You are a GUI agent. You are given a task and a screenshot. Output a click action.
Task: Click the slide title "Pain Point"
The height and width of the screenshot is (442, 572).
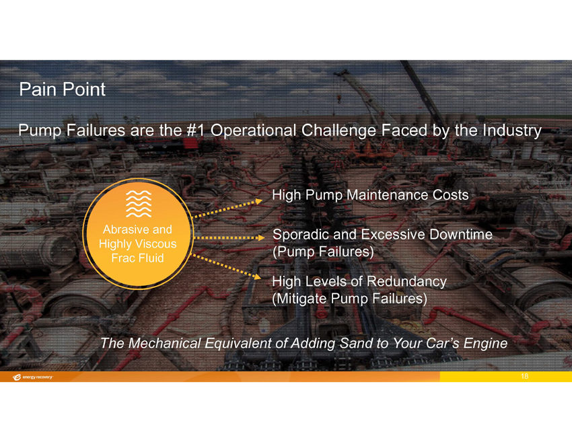point(62,89)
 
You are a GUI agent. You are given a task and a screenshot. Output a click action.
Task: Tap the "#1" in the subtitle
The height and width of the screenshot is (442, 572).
point(195,131)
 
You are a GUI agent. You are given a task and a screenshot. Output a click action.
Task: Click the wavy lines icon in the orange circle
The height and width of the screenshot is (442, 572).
point(139,203)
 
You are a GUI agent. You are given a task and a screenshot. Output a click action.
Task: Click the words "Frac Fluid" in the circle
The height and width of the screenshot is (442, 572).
point(137,258)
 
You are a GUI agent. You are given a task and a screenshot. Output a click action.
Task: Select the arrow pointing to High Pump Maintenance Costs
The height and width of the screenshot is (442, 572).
point(227,209)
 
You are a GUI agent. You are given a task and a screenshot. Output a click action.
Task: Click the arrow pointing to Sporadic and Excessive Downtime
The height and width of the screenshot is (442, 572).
point(229,237)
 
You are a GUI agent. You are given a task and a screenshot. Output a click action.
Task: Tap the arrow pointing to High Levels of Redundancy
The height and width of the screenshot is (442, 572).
point(226,266)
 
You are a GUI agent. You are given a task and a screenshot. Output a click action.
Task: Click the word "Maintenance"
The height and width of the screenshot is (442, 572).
point(388,194)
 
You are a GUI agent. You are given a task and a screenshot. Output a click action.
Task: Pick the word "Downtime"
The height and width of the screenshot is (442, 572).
point(461,234)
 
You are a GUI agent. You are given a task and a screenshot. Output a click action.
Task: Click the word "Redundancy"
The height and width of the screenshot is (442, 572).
point(406,281)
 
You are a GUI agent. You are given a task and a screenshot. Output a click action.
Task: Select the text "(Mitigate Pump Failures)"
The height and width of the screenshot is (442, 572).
point(349,299)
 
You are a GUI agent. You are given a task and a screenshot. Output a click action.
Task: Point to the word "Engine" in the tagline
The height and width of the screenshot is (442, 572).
point(486,344)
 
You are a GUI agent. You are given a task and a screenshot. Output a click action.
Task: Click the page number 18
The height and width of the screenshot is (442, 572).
point(525,376)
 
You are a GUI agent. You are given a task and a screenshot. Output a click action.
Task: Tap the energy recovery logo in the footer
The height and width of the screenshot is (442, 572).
point(32,377)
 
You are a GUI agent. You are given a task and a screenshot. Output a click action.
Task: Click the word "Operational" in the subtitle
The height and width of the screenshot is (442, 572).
point(253,131)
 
